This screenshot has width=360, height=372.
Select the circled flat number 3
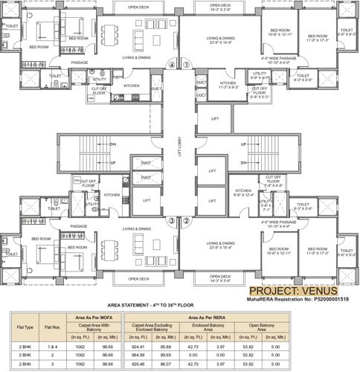(172, 220)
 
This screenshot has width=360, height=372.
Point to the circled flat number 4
(172, 65)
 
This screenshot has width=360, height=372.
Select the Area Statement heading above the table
(179, 306)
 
